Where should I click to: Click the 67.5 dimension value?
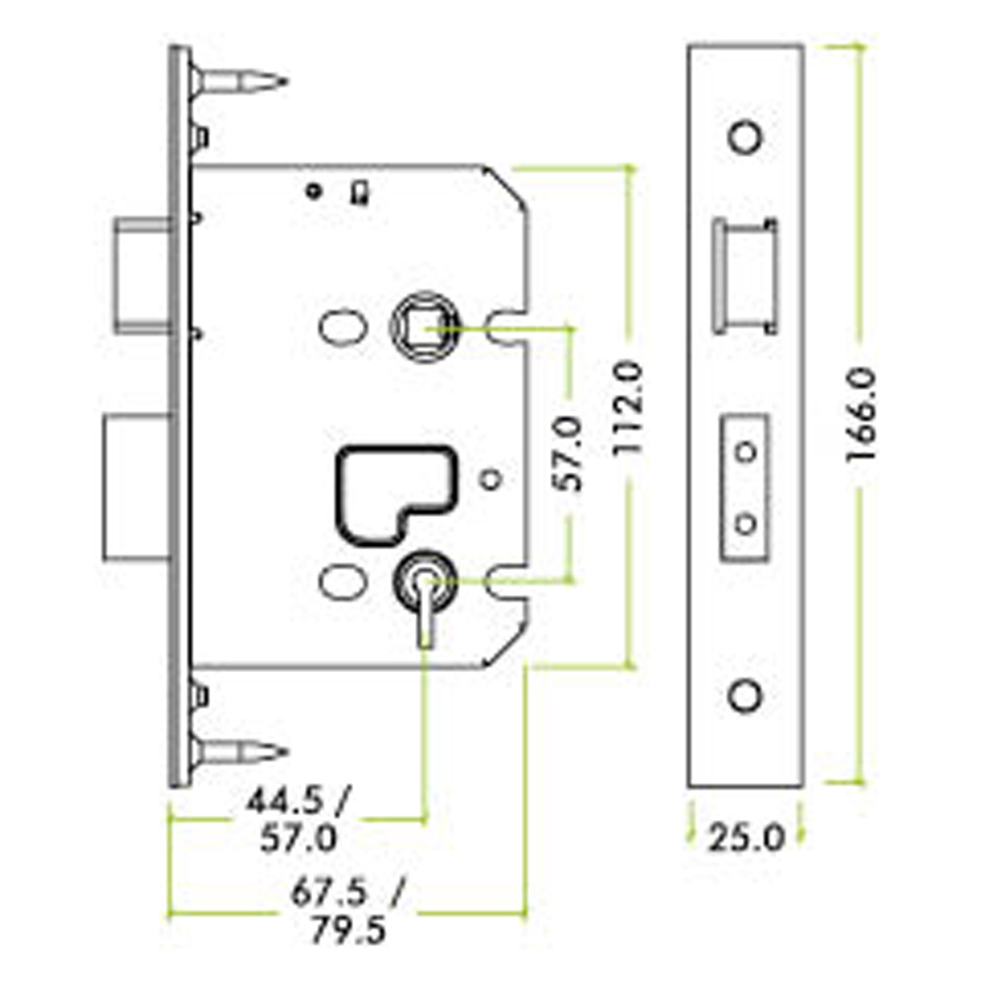[330, 893]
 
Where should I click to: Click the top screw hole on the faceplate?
[747, 136]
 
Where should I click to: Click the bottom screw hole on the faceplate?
[747, 696]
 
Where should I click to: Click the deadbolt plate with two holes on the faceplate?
[746, 488]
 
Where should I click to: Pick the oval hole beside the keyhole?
[339, 581]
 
